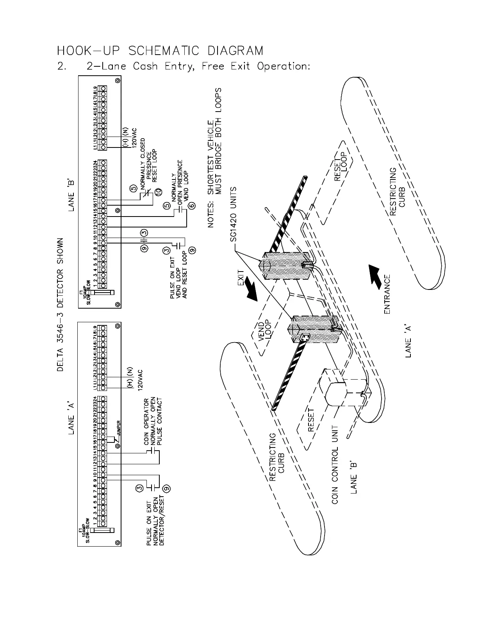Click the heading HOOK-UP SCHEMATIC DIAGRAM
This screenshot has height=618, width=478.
coord(160,51)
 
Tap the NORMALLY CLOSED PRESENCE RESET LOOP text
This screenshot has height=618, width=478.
coord(148,160)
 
